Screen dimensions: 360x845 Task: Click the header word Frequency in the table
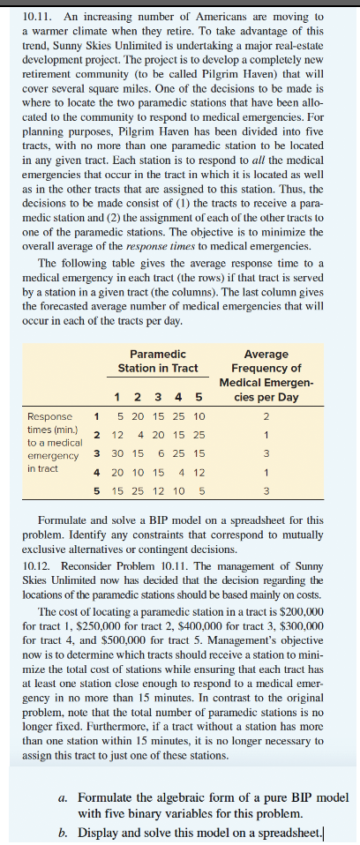point(266,368)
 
